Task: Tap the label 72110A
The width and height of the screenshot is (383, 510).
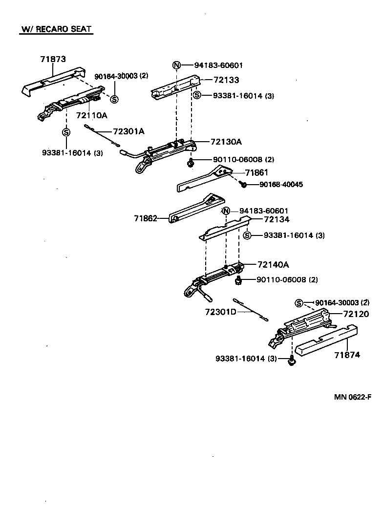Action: pyautogui.click(x=91, y=115)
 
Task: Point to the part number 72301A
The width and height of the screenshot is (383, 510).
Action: pyautogui.click(x=129, y=131)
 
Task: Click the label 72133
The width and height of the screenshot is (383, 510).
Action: pyautogui.click(x=226, y=80)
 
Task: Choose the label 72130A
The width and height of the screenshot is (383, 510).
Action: pyautogui.click(x=226, y=142)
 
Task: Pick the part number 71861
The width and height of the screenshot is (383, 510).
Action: pyautogui.click(x=257, y=172)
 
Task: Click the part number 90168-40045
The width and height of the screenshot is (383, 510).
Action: pyautogui.click(x=281, y=185)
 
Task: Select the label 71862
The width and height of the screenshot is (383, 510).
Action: pyautogui.click(x=146, y=218)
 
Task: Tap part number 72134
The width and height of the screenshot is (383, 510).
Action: pyautogui.click(x=277, y=220)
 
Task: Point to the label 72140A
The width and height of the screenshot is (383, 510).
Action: pyautogui.click(x=274, y=265)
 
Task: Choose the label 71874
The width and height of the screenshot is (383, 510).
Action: pyautogui.click(x=347, y=355)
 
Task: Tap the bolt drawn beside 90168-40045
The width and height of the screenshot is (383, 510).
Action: pyautogui.click(x=242, y=184)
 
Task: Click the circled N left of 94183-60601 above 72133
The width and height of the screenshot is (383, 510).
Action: pyautogui.click(x=177, y=65)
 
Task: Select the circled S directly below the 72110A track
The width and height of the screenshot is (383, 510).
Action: pyautogui.click(x=66, y=132)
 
